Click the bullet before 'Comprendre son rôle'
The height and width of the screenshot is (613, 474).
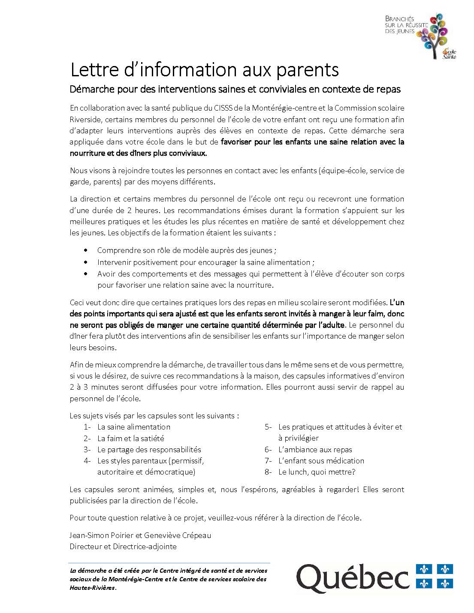88,250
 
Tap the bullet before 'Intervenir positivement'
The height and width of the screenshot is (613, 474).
88,262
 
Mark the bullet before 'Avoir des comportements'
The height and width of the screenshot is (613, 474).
88,273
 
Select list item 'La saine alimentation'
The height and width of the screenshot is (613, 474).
133,427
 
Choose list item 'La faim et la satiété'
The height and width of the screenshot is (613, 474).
130,439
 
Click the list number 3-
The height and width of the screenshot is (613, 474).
88,450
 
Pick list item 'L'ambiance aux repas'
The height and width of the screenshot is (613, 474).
315,450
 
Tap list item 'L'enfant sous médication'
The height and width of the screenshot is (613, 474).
321,461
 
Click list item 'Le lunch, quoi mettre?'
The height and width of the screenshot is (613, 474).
317,472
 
